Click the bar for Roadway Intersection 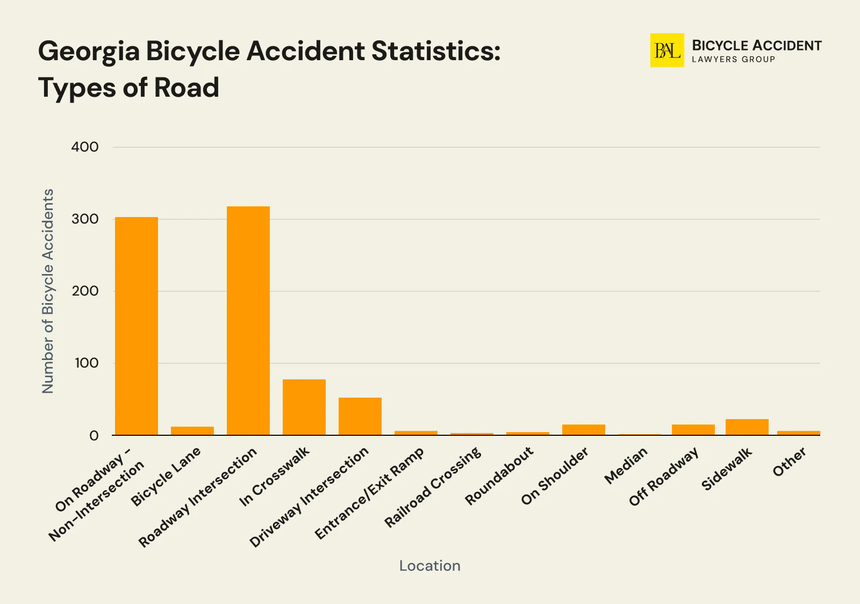tap(248, 321)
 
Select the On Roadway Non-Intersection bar tap(137, 326)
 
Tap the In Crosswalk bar tap(304, 407)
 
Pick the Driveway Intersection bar tap(360, 416)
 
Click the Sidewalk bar tap(747, 427)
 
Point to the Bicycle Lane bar tap(192, 431)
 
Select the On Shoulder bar tap(584, 430)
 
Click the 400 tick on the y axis tap(85, 147)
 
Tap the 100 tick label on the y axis tap(86, 363)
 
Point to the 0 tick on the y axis tap(94, 435)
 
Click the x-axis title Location tap(429, 565)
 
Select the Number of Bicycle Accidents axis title tap(48, 291)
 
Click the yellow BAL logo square tap(667, 51)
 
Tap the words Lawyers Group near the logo tap(733, 59)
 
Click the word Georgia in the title tap(88, 52)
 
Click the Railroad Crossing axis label tap(433, 487)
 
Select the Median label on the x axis tap(626, 465)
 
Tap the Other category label tap(790, 462)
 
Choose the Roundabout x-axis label tap(499, 476)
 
